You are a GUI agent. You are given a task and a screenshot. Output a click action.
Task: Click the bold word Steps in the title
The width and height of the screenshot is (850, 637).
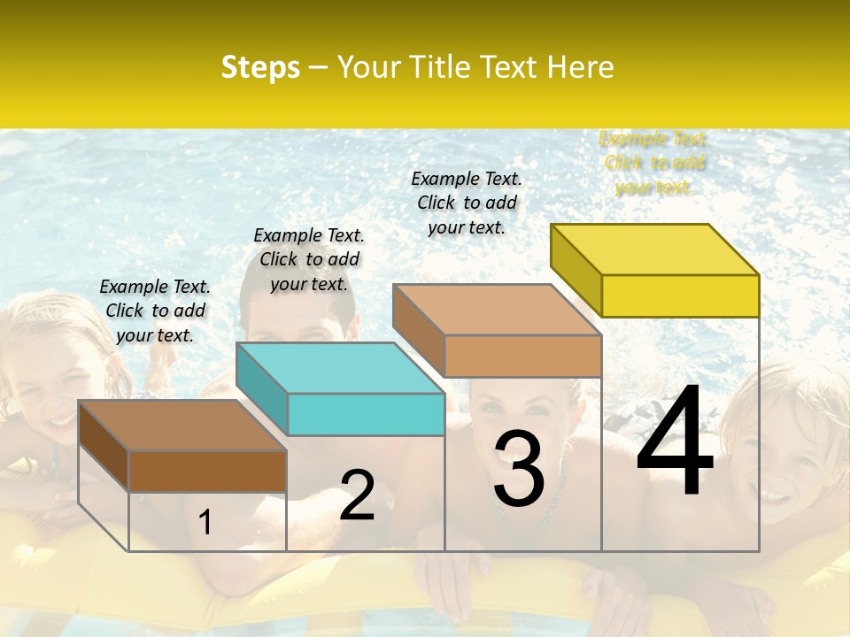(260, 67)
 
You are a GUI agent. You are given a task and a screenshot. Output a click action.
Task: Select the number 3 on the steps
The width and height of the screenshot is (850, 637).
(519, 470)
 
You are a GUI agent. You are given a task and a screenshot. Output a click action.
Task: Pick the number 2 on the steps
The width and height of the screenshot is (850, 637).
(357, 495)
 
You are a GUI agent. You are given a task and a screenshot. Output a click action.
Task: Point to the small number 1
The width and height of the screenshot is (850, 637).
(205, 522)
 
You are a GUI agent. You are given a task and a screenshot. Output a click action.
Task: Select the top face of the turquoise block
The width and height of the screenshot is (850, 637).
(341, 368)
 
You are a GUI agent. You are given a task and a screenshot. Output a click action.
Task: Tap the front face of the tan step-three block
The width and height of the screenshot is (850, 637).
(522, 357)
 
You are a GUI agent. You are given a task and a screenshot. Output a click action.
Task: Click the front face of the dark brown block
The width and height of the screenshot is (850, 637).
(207, 471)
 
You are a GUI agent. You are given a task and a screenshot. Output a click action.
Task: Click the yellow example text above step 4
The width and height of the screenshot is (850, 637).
(653, 163)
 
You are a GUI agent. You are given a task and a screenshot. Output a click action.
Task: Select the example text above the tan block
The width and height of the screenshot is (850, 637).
(467, 203)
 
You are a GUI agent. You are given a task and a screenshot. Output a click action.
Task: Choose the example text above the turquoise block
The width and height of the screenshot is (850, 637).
(309, 259)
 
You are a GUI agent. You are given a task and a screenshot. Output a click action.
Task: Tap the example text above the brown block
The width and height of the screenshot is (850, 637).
(155, 311)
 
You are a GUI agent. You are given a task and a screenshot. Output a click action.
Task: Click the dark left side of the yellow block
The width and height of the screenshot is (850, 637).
(576, 269)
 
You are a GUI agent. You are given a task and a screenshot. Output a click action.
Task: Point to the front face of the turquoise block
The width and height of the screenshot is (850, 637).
(366, 415)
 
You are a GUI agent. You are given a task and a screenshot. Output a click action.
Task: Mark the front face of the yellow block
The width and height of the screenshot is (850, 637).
(680, 295)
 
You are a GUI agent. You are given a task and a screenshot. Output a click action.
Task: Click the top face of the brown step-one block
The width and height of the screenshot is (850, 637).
(182, 426)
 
